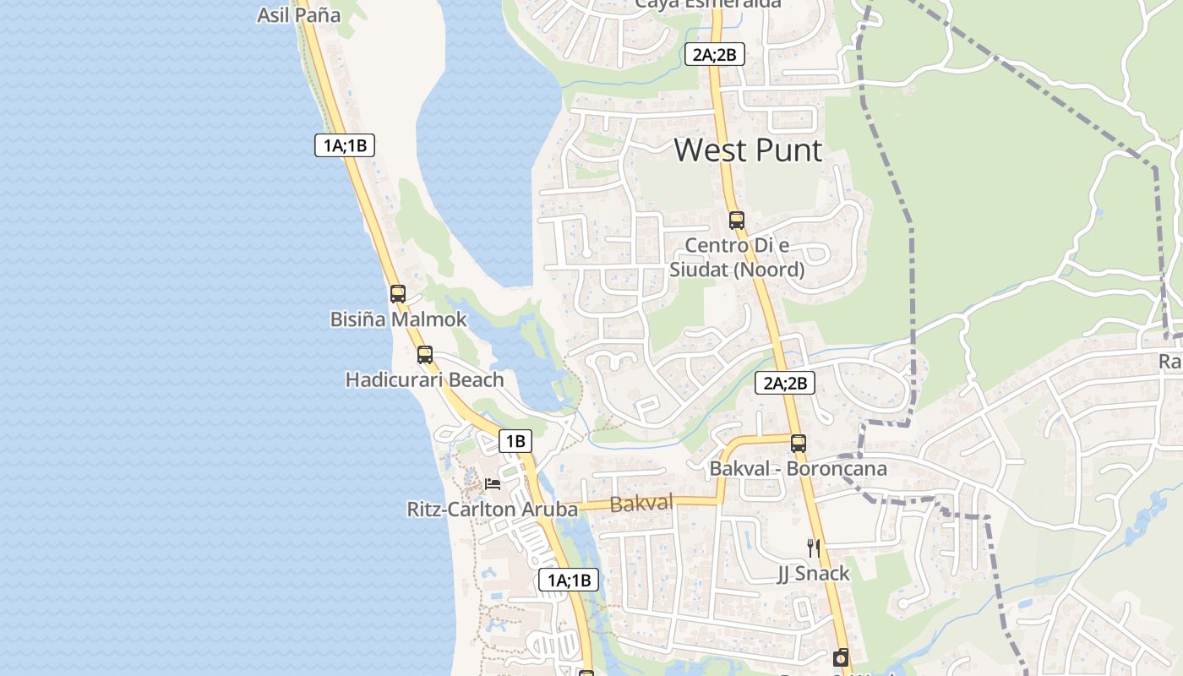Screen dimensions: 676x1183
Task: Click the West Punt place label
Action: point(748,150)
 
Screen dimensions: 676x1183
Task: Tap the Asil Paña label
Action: point(298,15)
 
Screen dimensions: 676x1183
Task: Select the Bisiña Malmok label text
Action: point(398,319)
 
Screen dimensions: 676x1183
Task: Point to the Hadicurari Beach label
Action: point(424,379)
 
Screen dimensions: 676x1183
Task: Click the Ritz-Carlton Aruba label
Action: point(493,510)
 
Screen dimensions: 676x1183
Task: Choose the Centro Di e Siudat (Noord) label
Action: point(737,258)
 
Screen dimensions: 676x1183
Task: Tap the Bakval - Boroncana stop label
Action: point(799,468)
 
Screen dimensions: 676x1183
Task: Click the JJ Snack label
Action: point(814,574)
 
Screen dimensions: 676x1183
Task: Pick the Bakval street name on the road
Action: point(641,504)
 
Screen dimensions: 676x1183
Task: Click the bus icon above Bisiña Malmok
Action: point(398,294)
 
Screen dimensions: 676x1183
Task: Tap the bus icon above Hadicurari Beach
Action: point(425,355)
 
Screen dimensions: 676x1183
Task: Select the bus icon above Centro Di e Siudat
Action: point(737,221)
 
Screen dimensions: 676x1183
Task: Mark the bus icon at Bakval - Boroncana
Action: point(799,443)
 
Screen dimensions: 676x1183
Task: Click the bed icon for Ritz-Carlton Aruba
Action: point(493,484)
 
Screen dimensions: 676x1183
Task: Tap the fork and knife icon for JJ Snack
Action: point(814,548)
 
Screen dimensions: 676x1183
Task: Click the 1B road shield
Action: point(515,441)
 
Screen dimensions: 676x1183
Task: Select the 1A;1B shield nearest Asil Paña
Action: point(345,145)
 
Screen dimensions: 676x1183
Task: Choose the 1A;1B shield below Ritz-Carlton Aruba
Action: point(569,581)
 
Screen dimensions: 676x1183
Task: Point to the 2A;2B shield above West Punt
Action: point(715,56)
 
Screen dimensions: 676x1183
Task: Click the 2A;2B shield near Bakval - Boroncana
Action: point(785,384)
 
